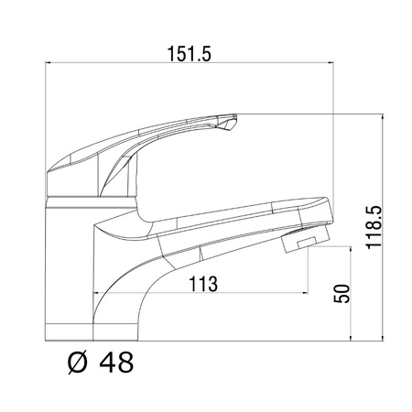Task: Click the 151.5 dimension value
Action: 190,54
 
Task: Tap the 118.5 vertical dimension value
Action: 374,227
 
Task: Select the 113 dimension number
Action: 203,284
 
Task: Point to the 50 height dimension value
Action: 342,293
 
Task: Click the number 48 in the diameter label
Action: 116,363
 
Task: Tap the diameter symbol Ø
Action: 77,363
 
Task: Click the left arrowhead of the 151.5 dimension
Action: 48,63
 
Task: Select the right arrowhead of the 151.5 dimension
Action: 331,63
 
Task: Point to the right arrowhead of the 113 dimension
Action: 305,293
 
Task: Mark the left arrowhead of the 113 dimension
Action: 95,293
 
